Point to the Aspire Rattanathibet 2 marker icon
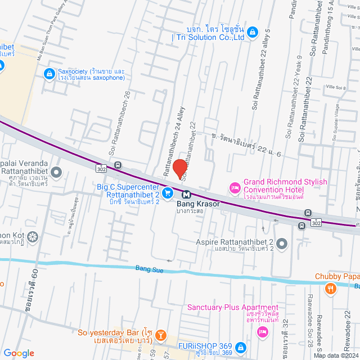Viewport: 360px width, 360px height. click(x=282, y=244)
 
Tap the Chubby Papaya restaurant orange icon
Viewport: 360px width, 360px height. click(x=331, y=289)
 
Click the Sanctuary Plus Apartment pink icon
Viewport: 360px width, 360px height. click(x=262, y=333)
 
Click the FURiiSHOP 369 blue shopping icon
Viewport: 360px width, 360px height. click(x=240, y=347)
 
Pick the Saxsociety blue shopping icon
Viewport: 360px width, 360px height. click(x=49, y=73)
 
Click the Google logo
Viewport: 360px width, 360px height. click(x=19, y=353)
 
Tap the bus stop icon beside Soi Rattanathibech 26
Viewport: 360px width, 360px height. click(x=118, y=165)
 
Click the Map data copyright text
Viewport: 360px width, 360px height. click(x=335, y=355)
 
